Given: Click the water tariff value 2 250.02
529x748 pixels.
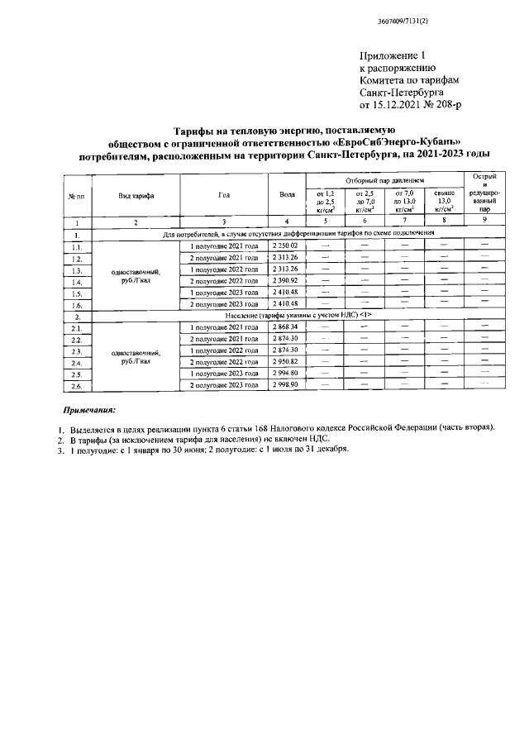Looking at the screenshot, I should click(x=287, y=246).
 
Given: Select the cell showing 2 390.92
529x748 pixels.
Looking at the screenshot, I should click(x=287, y=281).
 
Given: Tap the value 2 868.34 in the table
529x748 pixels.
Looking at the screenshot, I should click(x=287, y=327).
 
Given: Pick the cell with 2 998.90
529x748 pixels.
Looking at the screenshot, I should click(x=287, y=385).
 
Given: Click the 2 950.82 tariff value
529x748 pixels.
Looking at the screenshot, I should click(x=287, y=362).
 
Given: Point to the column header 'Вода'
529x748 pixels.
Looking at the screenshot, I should click(x=287, y=195).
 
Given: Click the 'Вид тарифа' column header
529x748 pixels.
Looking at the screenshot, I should click(x=135, y=195).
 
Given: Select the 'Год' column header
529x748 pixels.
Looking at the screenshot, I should click(x=223, y=195).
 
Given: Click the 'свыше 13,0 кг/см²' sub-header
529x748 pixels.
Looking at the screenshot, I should click(x=444, y=201).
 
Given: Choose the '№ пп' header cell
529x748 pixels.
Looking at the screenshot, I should click(x=77, y=195).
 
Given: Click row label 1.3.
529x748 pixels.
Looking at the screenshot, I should click(x=77, y=270).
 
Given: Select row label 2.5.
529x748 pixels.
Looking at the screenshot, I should click(x=77, y=374).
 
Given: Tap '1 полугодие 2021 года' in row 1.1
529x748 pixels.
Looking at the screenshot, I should click(x=225, y=246).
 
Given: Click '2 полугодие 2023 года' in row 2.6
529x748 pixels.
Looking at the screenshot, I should click(x=225, y=385).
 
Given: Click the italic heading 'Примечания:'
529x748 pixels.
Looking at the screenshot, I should click(x=90, y=409).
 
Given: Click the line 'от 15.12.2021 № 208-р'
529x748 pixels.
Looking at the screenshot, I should click(x=410, y=106).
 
